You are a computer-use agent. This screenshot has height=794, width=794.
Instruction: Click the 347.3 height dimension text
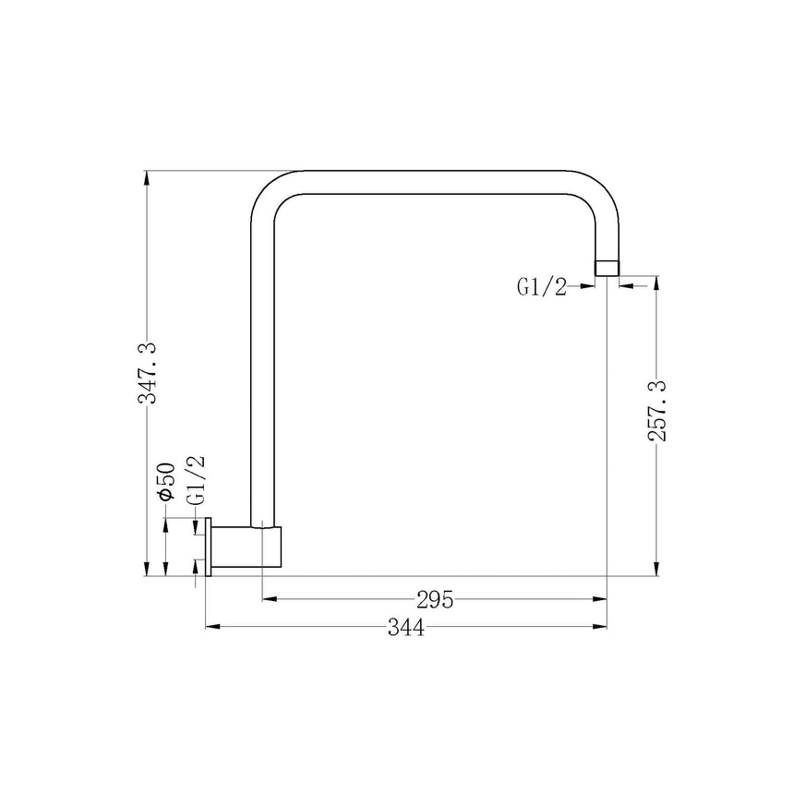coord(148,371)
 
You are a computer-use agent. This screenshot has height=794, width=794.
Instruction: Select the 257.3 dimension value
coord(657,409)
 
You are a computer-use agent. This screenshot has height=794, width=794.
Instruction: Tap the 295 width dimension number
coord(434,600)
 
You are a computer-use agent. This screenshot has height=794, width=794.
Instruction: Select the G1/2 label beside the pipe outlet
coord(541,287)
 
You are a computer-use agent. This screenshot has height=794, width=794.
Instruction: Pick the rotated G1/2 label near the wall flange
coord(196,480)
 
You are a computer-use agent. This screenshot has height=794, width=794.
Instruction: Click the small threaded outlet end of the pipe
coord(607,267)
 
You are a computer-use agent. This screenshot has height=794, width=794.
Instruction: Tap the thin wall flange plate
coord(209,547)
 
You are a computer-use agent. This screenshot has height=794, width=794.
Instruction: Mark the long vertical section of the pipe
coord(262,369)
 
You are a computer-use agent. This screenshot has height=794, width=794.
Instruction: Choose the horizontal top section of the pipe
coord(434,182)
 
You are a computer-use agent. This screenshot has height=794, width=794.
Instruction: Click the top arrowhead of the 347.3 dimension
coord(148,178)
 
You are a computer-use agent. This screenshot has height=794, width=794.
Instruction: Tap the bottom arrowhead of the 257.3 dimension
coord(657,568)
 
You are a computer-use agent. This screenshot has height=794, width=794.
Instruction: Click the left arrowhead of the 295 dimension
coord(270,600)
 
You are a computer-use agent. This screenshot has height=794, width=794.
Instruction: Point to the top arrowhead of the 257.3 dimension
coord(657,283)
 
